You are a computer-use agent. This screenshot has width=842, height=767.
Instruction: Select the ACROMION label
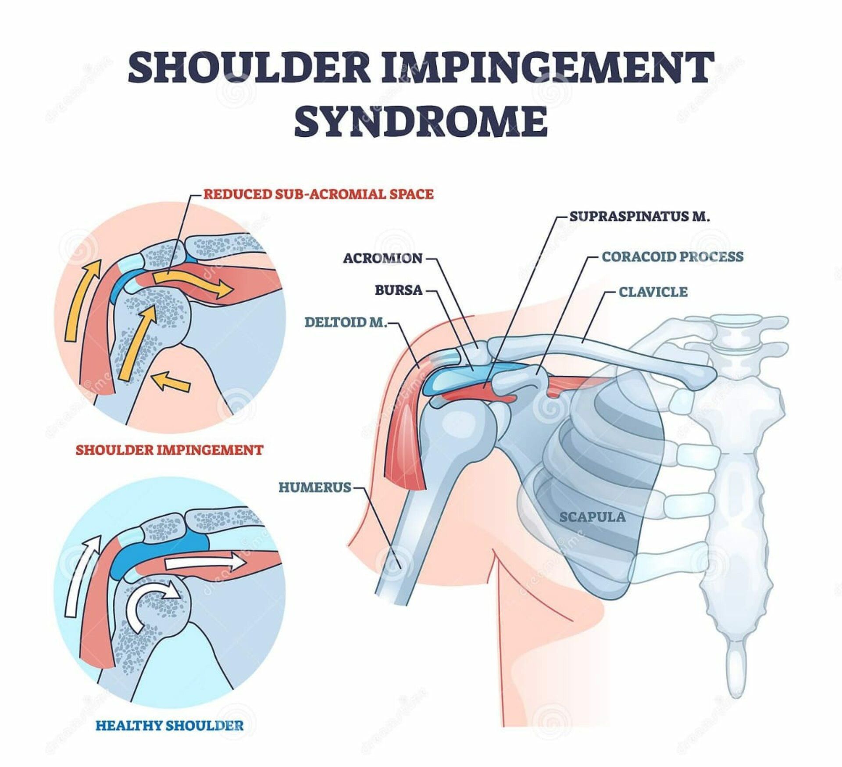click(382, 258)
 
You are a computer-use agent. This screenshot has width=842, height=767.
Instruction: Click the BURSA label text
click(398, 290)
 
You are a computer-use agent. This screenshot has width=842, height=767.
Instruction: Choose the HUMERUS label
click(315, 487)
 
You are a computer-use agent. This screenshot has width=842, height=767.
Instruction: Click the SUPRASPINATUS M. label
click(639, 216)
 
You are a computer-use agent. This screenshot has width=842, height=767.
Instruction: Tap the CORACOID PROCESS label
click(672, 256)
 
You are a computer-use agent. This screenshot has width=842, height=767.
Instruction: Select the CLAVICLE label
click(653, 292)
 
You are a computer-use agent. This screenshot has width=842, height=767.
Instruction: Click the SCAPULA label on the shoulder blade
click(592, 517)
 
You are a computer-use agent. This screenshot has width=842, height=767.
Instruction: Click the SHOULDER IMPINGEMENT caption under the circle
click(169, 450)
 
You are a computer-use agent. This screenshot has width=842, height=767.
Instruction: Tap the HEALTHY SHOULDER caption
click(169, 725)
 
